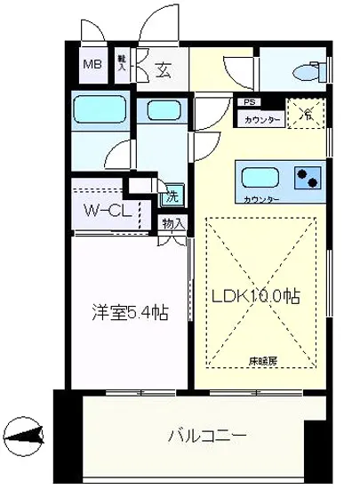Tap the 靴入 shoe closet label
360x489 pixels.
tap(122, 65)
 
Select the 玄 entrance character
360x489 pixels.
tap(165, 68)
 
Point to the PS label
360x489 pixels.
tap(244, 103)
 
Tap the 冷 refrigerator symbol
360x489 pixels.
tap(306, 115)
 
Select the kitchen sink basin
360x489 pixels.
tap(260, 175)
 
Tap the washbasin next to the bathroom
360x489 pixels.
tap(162, 111)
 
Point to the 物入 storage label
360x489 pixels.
tap(173, 223)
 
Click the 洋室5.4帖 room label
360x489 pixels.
tap(131, 313)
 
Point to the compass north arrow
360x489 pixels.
tap(27, 437)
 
